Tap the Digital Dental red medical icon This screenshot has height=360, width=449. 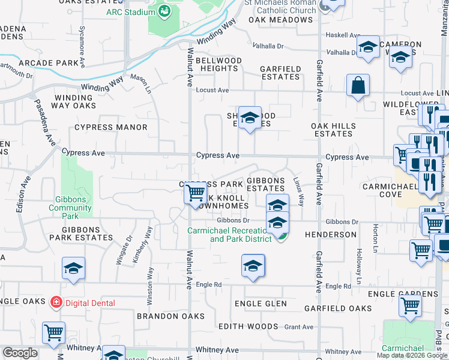click(x=56, y=302)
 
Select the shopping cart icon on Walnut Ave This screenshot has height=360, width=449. click(x=194, y=194)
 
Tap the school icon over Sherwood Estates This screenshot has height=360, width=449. click(x=250, y=118)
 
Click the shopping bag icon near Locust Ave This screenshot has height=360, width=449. click(x=358, y=85)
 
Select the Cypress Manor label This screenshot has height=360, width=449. click(x=110, y=127)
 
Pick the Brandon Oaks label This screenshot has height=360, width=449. click(x=166, y=316)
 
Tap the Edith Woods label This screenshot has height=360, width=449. click(x=248, y=326)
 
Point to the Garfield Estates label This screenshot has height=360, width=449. click(x=280, y=73)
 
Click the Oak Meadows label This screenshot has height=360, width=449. click(x=281, y=20)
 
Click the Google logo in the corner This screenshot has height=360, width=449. click(x=20, y=353)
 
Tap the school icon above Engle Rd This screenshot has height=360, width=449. click(x=253, y=265)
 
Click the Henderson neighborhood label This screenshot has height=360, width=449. click(x=330, y=234)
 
